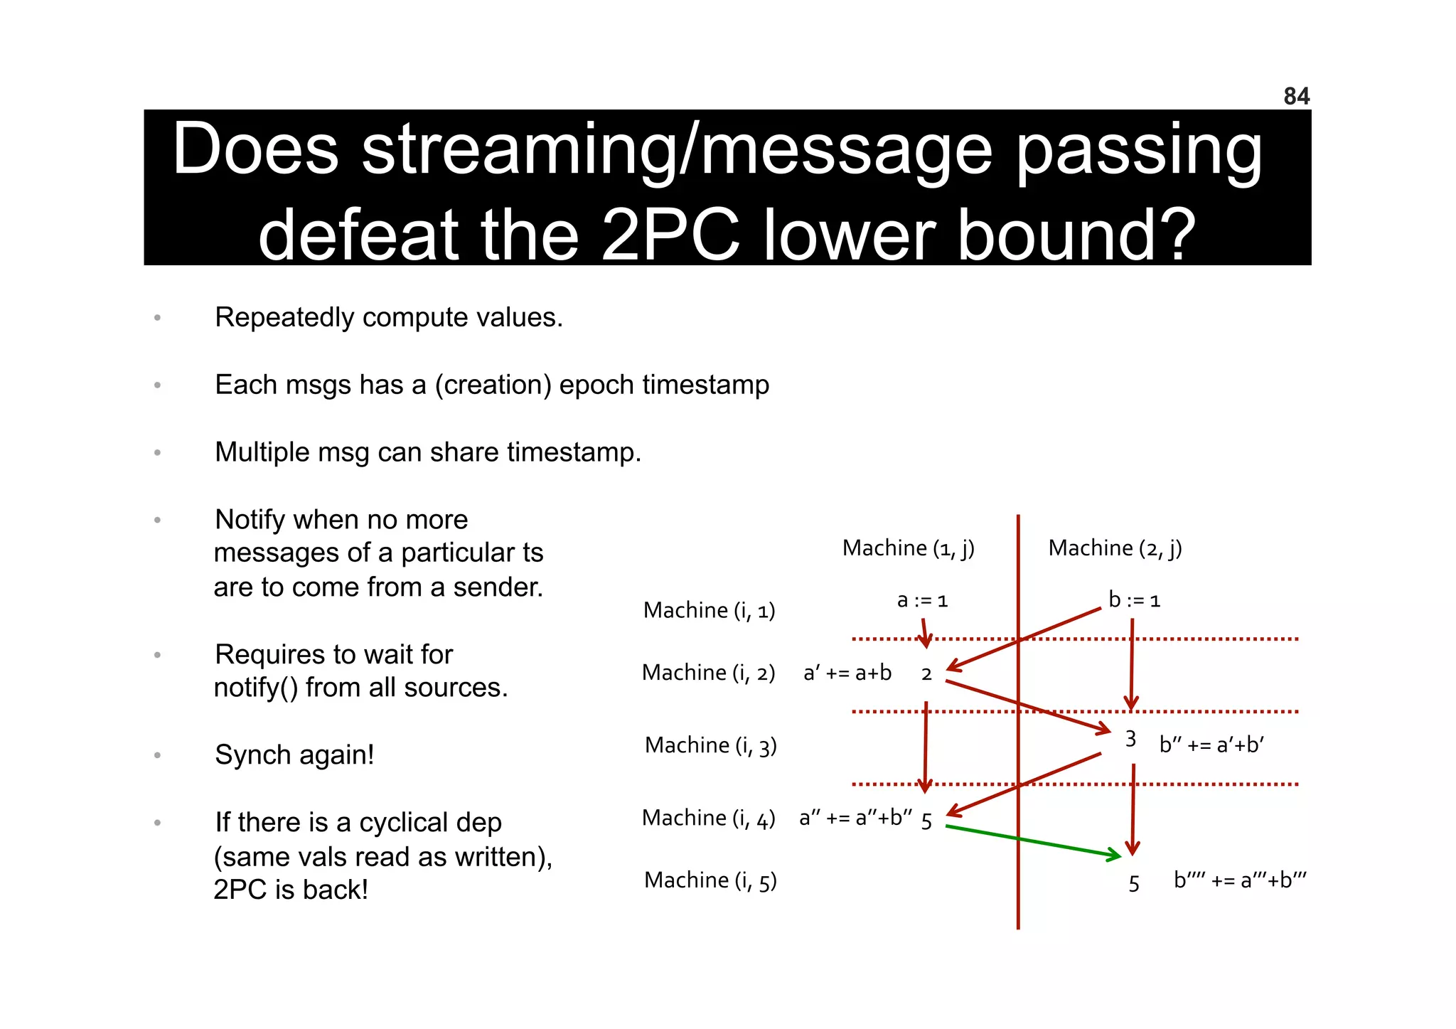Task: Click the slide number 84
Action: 1296,96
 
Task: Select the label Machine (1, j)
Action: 908,548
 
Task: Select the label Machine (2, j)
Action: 1115,548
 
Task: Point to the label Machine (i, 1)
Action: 709,610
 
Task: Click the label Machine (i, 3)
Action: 710,745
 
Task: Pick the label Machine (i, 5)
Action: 710,880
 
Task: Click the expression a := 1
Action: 922,601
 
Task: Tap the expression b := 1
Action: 1134,600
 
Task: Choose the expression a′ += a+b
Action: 847,673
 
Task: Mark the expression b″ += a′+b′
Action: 1211,745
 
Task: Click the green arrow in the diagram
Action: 1031,841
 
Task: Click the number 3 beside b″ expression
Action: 1130,740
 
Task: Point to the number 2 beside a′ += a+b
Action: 926,674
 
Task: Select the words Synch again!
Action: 294,755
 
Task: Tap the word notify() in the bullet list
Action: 256,688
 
